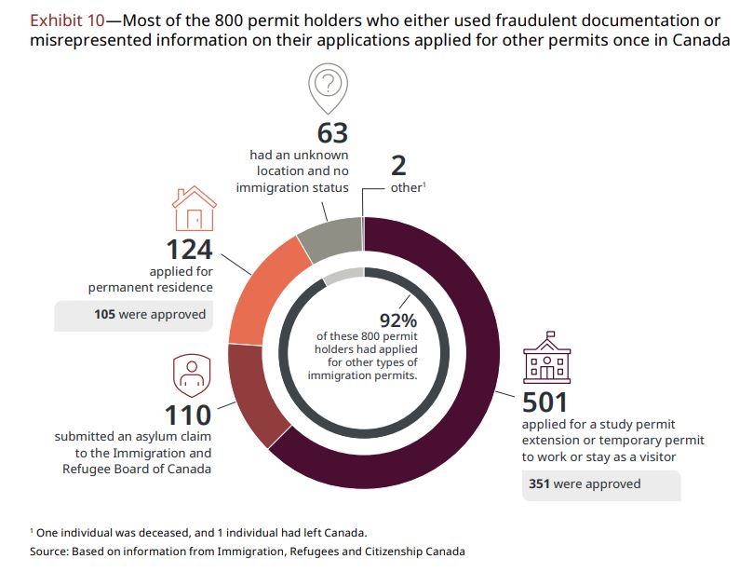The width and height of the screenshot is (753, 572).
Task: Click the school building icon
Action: coord(548,360)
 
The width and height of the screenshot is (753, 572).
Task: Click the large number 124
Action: coord(189,251)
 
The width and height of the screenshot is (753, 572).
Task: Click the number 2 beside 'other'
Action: coord(399,166)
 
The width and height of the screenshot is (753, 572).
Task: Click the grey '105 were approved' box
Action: coord(131,315)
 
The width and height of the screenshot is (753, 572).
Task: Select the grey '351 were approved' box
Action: coord(600,484)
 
